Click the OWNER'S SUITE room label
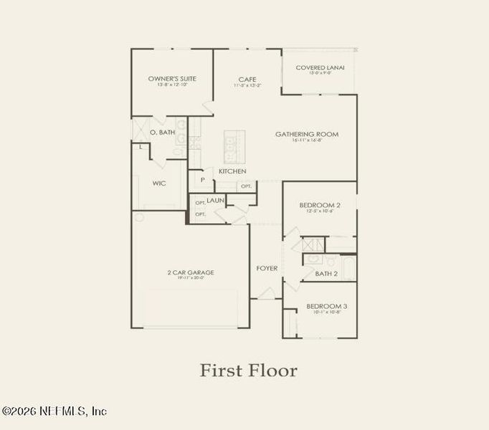[x=172, y=78]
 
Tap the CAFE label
[x=247, y=79]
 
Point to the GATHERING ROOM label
[x=307, y=134]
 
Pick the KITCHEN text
[x=232, y=171]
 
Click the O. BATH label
[x=162, y=133]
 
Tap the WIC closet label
[x=159, y=183]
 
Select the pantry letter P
[x=203, y=180]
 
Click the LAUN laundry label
[x=217, y=201]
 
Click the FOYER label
[x=267, y=269]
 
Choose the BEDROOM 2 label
[x=319, y=205]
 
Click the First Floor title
[x=247, y=371]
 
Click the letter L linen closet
[x=141, y=147]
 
